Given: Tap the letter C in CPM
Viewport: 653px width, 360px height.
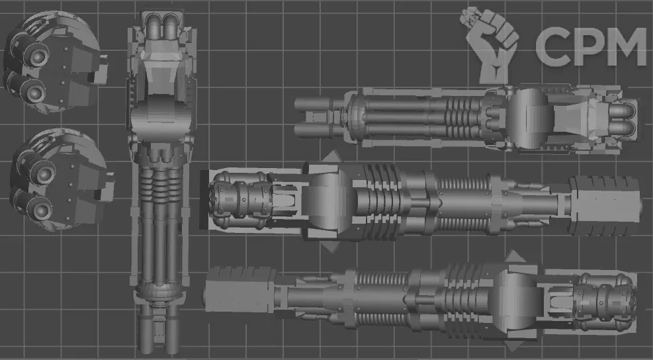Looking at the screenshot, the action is pos(553,47).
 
